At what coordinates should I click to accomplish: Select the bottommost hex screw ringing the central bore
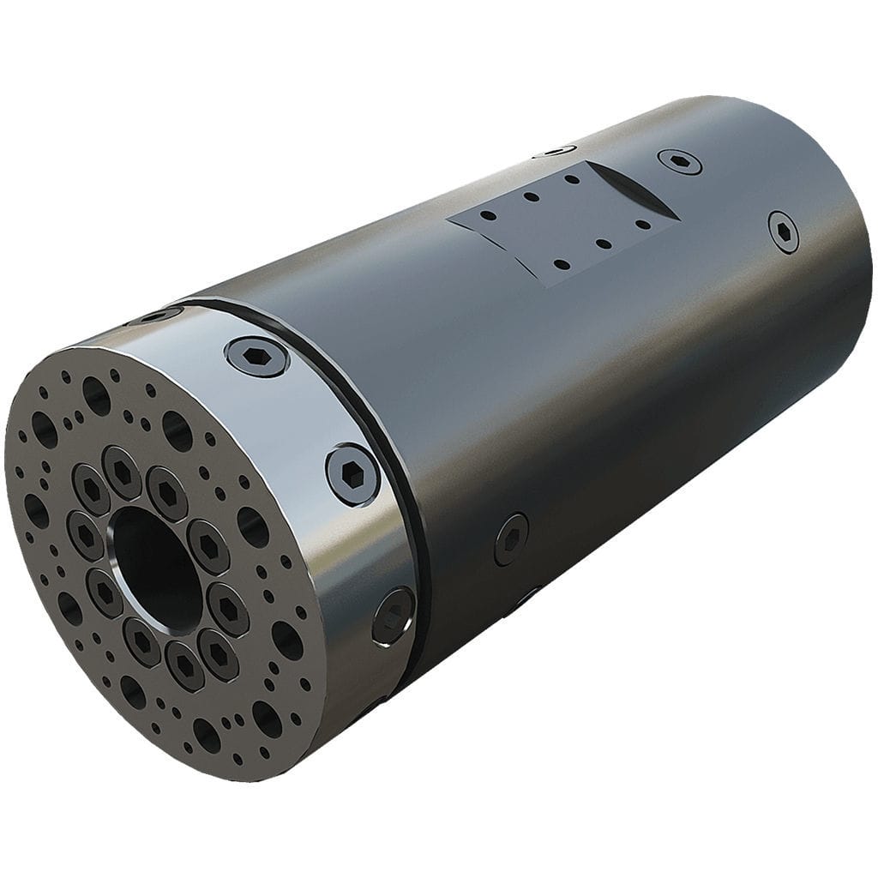(185, 665)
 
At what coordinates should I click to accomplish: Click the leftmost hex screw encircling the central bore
(85, 535)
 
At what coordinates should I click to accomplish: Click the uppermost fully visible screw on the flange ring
(257, 356)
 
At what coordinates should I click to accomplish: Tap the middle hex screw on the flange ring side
(352, 474)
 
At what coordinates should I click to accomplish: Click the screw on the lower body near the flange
(511, 539)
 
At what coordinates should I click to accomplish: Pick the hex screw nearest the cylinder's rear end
(783, 232)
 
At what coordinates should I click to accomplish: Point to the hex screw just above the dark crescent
(679, 161)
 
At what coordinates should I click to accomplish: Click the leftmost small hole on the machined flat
(485, 216)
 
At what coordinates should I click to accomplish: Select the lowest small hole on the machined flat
(559, 264)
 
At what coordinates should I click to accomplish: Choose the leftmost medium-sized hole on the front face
(35, 510)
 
